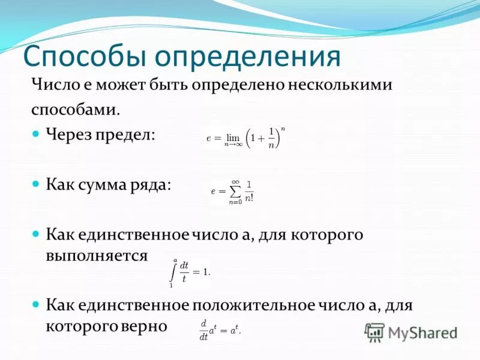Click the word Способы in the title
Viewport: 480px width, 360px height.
point(84,57)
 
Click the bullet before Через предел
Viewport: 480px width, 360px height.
point(35,133)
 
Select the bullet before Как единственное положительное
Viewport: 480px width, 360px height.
point(35,304)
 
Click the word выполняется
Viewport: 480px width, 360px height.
point(97,256)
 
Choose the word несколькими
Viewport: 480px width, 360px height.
point(340,85)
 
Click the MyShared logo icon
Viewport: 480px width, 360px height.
point(375,331)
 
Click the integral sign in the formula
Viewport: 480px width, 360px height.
point(174,272)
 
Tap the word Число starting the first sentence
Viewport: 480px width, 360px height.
point(55,85)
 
